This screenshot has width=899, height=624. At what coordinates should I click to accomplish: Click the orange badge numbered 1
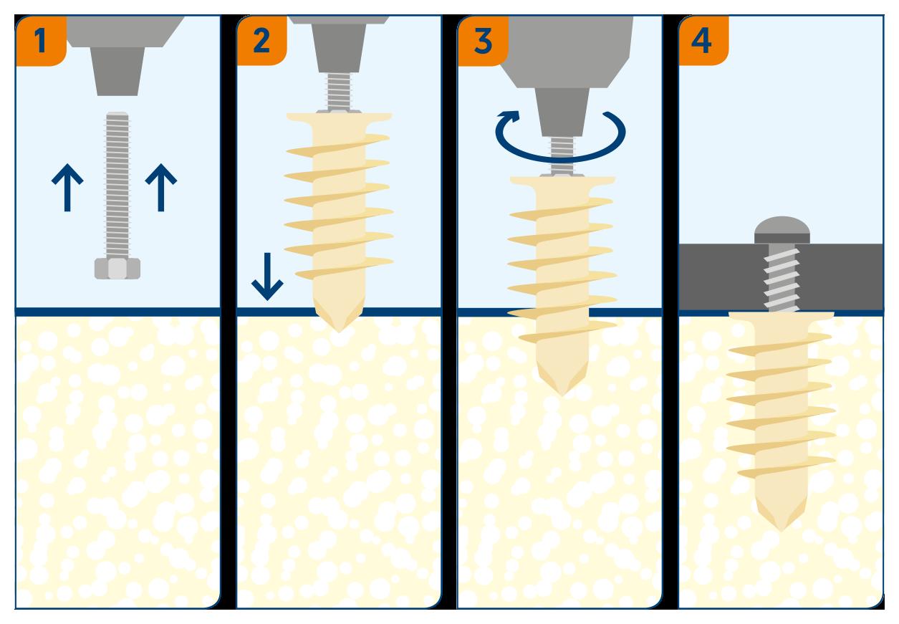[41, 41]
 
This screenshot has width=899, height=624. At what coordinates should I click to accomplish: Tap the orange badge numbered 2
[261, 41]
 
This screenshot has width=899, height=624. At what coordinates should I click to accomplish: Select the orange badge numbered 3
[483, 41]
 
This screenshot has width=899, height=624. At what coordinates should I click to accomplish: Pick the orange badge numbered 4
[703, 41]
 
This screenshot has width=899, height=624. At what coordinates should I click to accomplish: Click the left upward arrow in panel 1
[67, 187]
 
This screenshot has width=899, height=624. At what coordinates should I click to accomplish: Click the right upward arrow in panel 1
[161, 187]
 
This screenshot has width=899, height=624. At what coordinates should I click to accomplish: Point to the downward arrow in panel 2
[267, 277]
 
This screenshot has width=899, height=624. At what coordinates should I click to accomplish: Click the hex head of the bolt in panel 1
[117, 269]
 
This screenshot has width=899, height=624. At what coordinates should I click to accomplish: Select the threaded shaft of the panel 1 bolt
[117, 185]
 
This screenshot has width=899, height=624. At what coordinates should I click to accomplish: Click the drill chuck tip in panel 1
[117, 72]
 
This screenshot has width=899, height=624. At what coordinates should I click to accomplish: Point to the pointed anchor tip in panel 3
[562, 395]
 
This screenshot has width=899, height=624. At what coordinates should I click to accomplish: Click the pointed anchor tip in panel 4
[781, 530]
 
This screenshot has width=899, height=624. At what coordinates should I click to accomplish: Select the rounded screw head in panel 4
[782, 230]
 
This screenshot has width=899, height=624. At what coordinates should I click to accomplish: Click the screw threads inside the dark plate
[782, 278]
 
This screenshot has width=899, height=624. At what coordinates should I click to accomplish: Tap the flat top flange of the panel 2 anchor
[339, 117]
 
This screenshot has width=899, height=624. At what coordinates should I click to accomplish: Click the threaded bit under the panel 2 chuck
[339, 92]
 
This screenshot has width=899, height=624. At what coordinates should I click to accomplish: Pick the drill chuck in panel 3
[562, 112]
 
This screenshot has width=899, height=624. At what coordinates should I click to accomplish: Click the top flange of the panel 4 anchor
[782, 316]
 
